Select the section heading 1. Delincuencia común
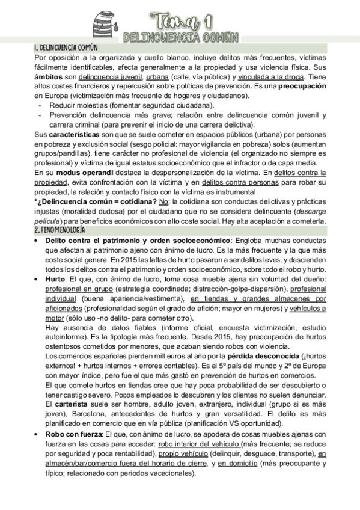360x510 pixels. [66, 47]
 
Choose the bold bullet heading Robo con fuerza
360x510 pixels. [74, 434]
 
